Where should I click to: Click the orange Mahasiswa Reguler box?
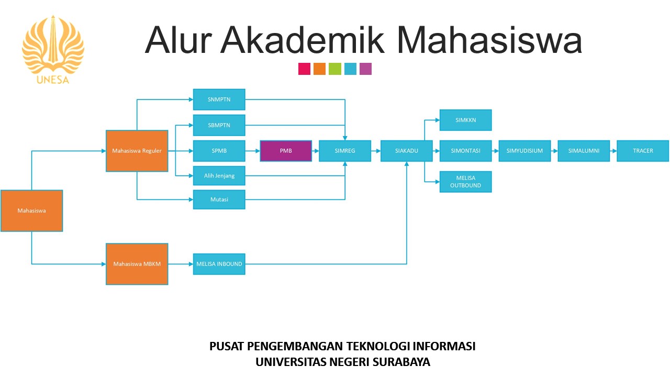tap(137, 151)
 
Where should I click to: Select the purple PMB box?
tap(286, 151)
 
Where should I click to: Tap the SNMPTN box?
tap(219, 99)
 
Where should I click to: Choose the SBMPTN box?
tap(219, 125)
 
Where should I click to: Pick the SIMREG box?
tap(345, 151)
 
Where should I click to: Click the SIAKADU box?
tap(406, 151)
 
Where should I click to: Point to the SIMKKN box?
tap(465, 120)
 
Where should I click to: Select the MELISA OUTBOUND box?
tap(465, 182)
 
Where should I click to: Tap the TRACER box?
tap(643, 151)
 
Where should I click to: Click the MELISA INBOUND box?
tap(219, 264)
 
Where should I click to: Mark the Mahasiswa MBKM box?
tap(137, 264)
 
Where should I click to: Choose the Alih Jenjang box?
tap(219, 176)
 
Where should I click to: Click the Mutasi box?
tap(219, 199)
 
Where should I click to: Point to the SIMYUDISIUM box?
tap(524, 151)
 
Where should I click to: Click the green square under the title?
tap(335, 69)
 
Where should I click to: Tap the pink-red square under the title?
tap(304, 69)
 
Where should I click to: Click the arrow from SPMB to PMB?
tap(252, 151)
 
